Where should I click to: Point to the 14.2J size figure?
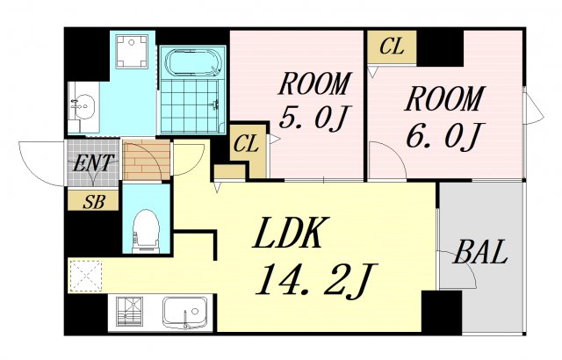click(x=314, y=279)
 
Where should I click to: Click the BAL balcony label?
click(x=480, y=254)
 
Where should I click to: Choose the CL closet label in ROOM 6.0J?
click(x=392, y=47)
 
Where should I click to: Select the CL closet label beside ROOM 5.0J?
click(x=247, y=142)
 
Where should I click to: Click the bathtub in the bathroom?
click(x=193, y=65)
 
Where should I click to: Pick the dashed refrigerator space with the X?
click(x=87, y=275)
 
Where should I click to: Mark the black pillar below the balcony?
click(x=441, y=312)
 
